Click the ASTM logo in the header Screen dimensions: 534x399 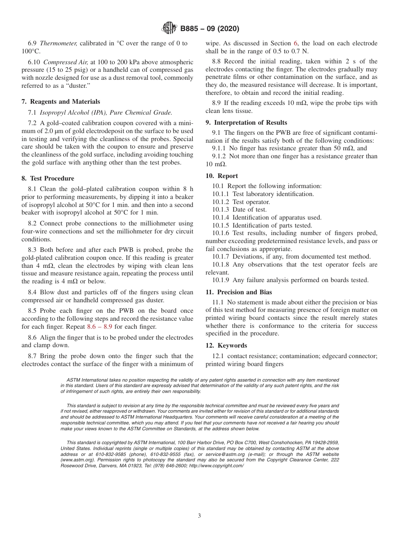point(169,29)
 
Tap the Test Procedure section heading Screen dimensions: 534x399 point(51,178)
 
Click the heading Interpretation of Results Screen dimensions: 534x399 point(250,123)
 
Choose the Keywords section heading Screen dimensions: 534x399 point(232,346)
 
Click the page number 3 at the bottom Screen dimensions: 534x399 point(199,516)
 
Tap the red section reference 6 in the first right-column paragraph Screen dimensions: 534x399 point(296,43)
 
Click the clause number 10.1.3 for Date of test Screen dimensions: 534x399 point(221,209)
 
